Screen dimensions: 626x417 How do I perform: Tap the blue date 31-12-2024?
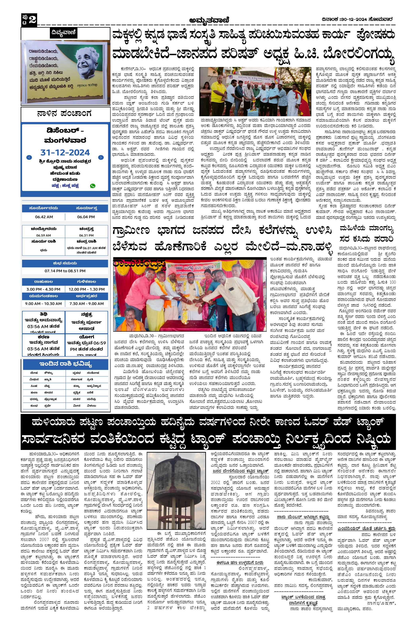[65, 152]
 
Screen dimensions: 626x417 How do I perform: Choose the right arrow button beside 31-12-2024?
[101, 157]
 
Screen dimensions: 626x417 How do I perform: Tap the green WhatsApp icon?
[93, 186]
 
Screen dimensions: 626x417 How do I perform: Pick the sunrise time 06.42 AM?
[44, 217]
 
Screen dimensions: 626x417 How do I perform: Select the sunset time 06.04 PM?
[86, 217]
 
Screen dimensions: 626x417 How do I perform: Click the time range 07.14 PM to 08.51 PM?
[65, 271]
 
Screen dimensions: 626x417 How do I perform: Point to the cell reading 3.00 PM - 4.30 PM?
[43, 289]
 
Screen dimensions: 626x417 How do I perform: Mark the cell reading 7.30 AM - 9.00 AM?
[86, 304]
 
